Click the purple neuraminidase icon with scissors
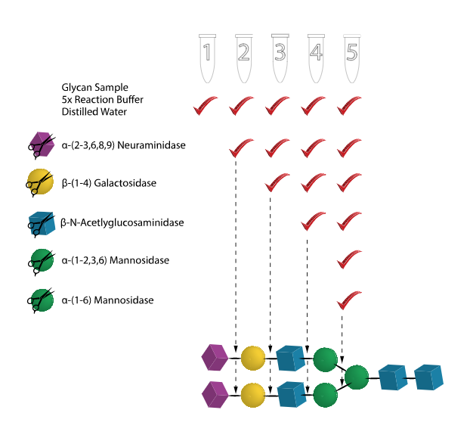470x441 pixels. pos(39,144)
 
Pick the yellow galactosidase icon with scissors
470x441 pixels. pos(39,182)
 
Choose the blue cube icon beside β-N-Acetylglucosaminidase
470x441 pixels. pos(39,222)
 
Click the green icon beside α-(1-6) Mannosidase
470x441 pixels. pos(39,300)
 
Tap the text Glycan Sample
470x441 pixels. pos(95,87)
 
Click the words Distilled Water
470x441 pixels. pos(95,112)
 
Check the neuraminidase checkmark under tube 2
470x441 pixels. pos(241,146)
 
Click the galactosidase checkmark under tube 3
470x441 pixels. pos(277,184)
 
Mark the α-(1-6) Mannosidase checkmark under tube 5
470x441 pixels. pos(348,300)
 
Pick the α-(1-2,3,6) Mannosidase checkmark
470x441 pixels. pos(348,260)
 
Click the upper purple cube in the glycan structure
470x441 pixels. pos(215,356)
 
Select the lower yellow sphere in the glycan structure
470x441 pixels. pos(253,394)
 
